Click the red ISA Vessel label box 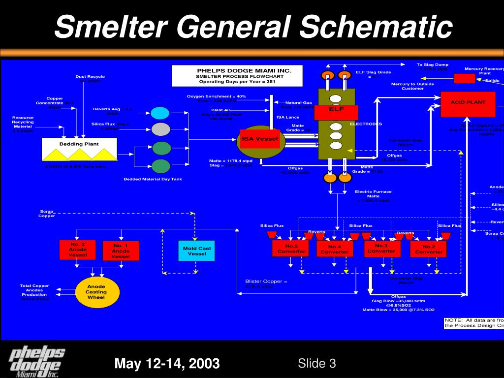coord(260,139)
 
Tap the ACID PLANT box coord(468,104)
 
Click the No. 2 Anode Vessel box coord(78,250)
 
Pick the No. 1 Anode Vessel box coord(121,251)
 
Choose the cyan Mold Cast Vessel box coord(197,251)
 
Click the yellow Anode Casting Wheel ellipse coord(97,292)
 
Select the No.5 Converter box coord(291,248)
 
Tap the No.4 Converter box coord(334,249)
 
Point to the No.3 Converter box coord(381,248)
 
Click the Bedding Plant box coord(79,149)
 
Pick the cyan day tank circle coord(160,113)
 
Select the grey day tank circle coord(160,129)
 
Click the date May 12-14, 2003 coord(167,364)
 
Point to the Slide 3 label coord(317,363)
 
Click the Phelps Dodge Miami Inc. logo coord(38,361)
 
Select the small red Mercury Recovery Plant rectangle coord(464,78)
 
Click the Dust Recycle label coord(90,76)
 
